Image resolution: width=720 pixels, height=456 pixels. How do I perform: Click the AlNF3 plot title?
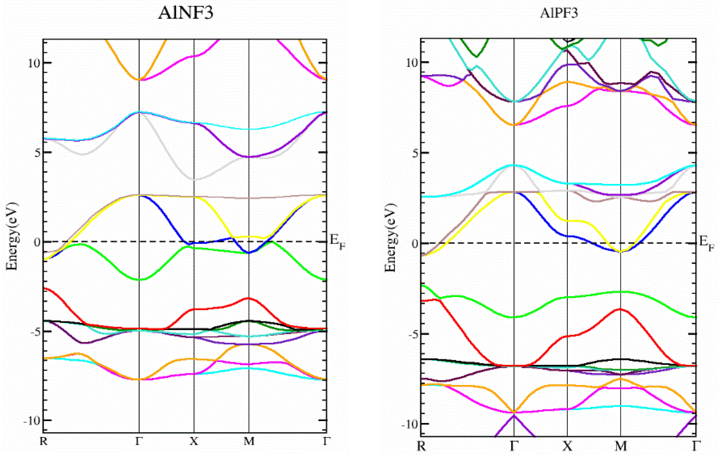pyautogui.click(x=186, y=13)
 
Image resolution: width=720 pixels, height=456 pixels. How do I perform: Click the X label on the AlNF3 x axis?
pyautogui.click(x=194, y=441)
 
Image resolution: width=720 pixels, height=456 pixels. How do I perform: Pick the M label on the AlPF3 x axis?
pyautogui.click(x=621, y=446)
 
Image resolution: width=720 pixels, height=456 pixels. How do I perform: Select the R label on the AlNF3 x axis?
pyautogui.click(x=44, y=441)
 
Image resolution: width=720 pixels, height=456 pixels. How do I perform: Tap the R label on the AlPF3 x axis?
pyautogui.click(x=421, y=446)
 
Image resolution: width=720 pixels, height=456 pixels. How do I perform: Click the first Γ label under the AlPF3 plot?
pyautogui.click(x=514, y=446)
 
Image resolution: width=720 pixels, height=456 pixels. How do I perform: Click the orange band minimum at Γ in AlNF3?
pyautogui.click(x=139, y=80)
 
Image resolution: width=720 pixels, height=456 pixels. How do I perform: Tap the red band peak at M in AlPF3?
pyautogui.click(x=621, y=309)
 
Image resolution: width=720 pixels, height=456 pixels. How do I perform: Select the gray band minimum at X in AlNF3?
pyautogui.click(x=194, y=180)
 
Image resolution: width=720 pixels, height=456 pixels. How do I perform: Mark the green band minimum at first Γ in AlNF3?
pyautogui.click(x=139, y=280)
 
